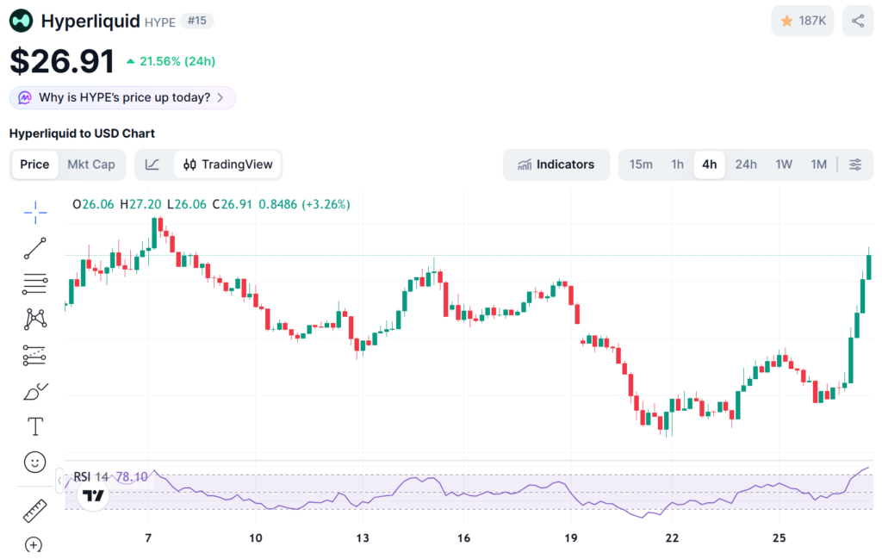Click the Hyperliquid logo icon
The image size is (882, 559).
(22, 21)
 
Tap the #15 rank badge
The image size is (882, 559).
(197, 21)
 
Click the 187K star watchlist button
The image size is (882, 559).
(803, 21)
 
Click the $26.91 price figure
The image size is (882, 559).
(62, 61)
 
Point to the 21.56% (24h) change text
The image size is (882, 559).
(171, 61)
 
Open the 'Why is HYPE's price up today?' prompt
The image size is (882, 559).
(122, 97)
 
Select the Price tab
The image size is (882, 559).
(34, 165)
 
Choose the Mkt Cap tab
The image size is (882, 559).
(91, 165)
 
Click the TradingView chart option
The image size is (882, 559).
(228, 165)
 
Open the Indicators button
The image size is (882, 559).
(556, 165)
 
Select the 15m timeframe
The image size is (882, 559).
(641, 165)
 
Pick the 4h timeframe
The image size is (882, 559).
(709, 165)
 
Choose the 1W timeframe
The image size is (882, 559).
(783, 165)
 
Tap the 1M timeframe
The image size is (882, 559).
(818, 165)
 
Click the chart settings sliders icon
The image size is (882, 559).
(855, 165)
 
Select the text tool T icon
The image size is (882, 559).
(35, 426)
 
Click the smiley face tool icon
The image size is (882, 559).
(35, 463)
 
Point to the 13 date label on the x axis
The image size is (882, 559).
(363, 538)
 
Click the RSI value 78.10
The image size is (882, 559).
(132, 476)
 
